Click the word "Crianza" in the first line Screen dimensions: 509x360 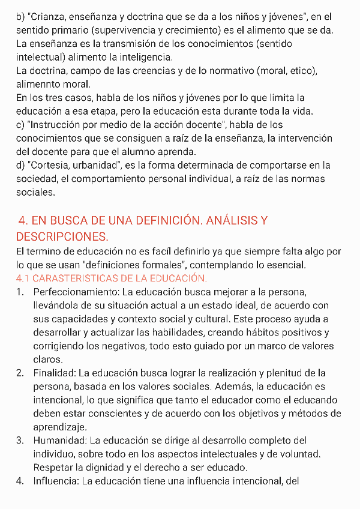coord(48,17)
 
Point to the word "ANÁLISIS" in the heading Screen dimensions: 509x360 coord(231,221)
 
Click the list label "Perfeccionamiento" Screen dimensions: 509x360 coord(75,292)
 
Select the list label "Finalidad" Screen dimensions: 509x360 coord(53,373)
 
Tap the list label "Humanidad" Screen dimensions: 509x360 coord(59,441)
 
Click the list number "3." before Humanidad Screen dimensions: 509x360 coord(20,441)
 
